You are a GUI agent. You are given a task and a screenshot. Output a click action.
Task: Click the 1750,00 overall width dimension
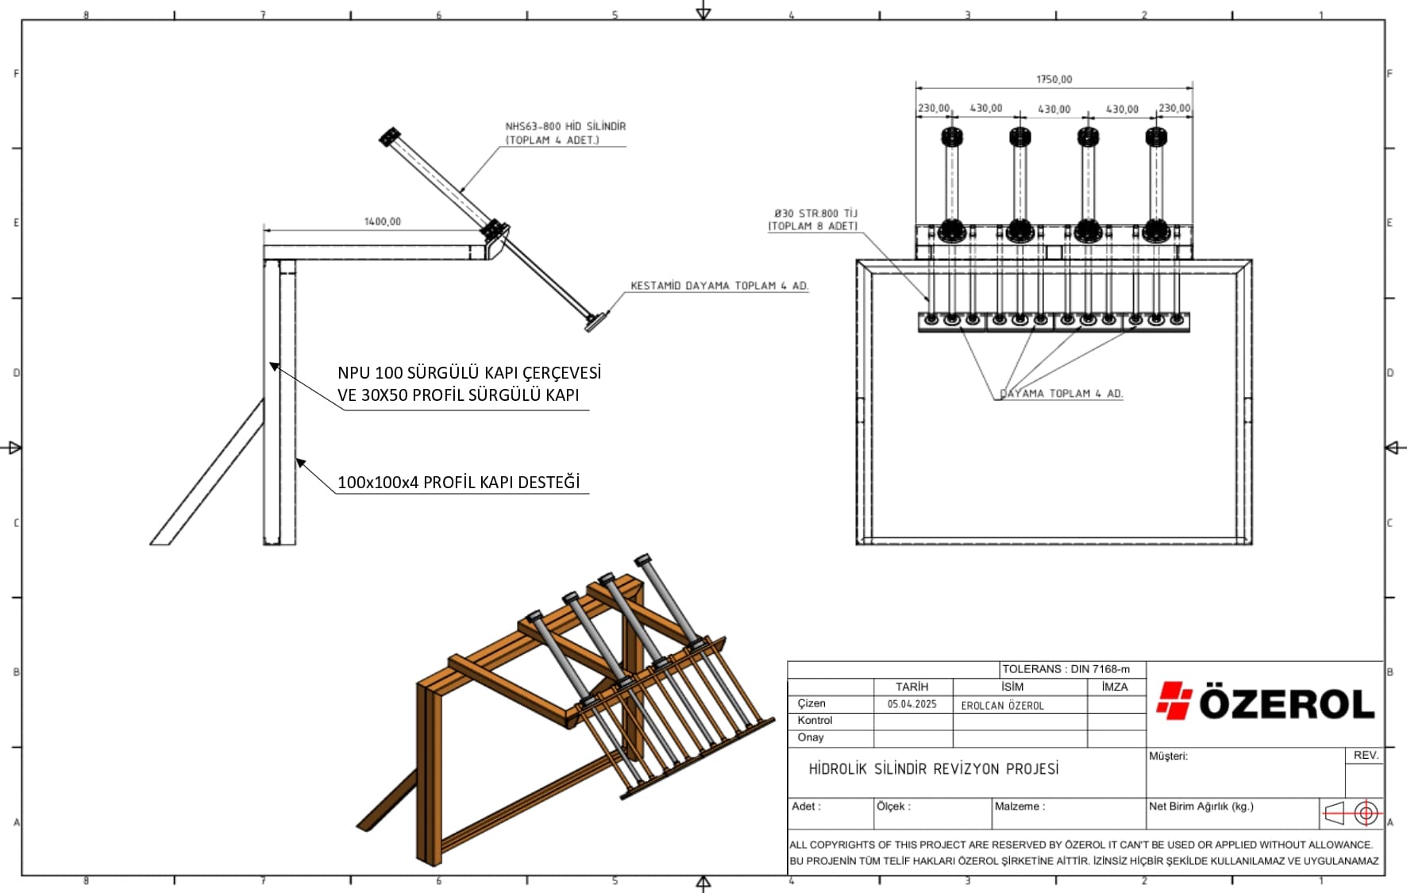pyautogui.click(x=1054, y=79)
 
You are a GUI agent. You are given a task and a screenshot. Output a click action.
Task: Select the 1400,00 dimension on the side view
pyautogui.click(x=383, y=221)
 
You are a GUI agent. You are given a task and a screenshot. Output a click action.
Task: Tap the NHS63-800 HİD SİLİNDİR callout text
pyautogui.click(x=565, y=126)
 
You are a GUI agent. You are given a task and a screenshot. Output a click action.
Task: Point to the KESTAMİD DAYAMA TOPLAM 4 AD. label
pyautogui.click(x=719, y=286)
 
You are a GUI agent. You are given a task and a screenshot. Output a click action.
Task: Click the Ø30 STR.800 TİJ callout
pyautogui.click(x=815, y=213)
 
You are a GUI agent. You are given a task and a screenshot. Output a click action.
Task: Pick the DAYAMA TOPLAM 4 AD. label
pyautogui.click(x=1061, y=394)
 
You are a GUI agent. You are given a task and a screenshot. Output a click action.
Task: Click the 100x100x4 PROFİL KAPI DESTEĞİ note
pyautogui.click(x=459, y=482)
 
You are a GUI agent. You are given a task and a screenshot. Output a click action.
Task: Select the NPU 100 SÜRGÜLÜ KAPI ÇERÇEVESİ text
pyautogui.click(x=469, y=372)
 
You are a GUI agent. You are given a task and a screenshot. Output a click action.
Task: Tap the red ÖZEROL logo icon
pyautogui.click(x=1174, y=700)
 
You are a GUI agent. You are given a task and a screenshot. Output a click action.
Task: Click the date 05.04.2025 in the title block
pyautogui.click(x=912, y=704)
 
